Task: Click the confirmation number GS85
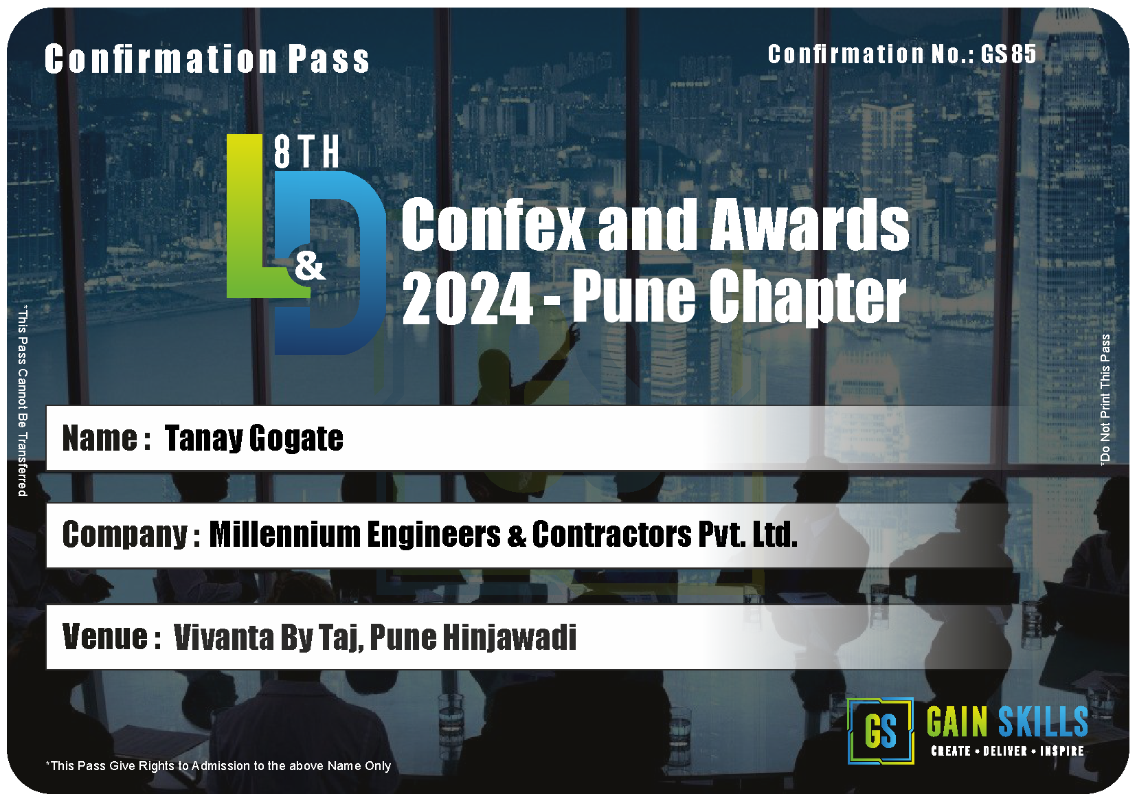point(1008,54)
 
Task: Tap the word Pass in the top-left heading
point(328,59)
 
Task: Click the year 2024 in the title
point(467,297)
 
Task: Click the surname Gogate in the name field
point(296,438)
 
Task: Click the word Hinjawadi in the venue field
point(510,638)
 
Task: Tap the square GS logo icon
point(881,731)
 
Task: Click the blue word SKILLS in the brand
point(1043,721)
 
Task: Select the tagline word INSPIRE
point(1062,751)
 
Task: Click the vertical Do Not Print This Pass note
point(1105,399)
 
